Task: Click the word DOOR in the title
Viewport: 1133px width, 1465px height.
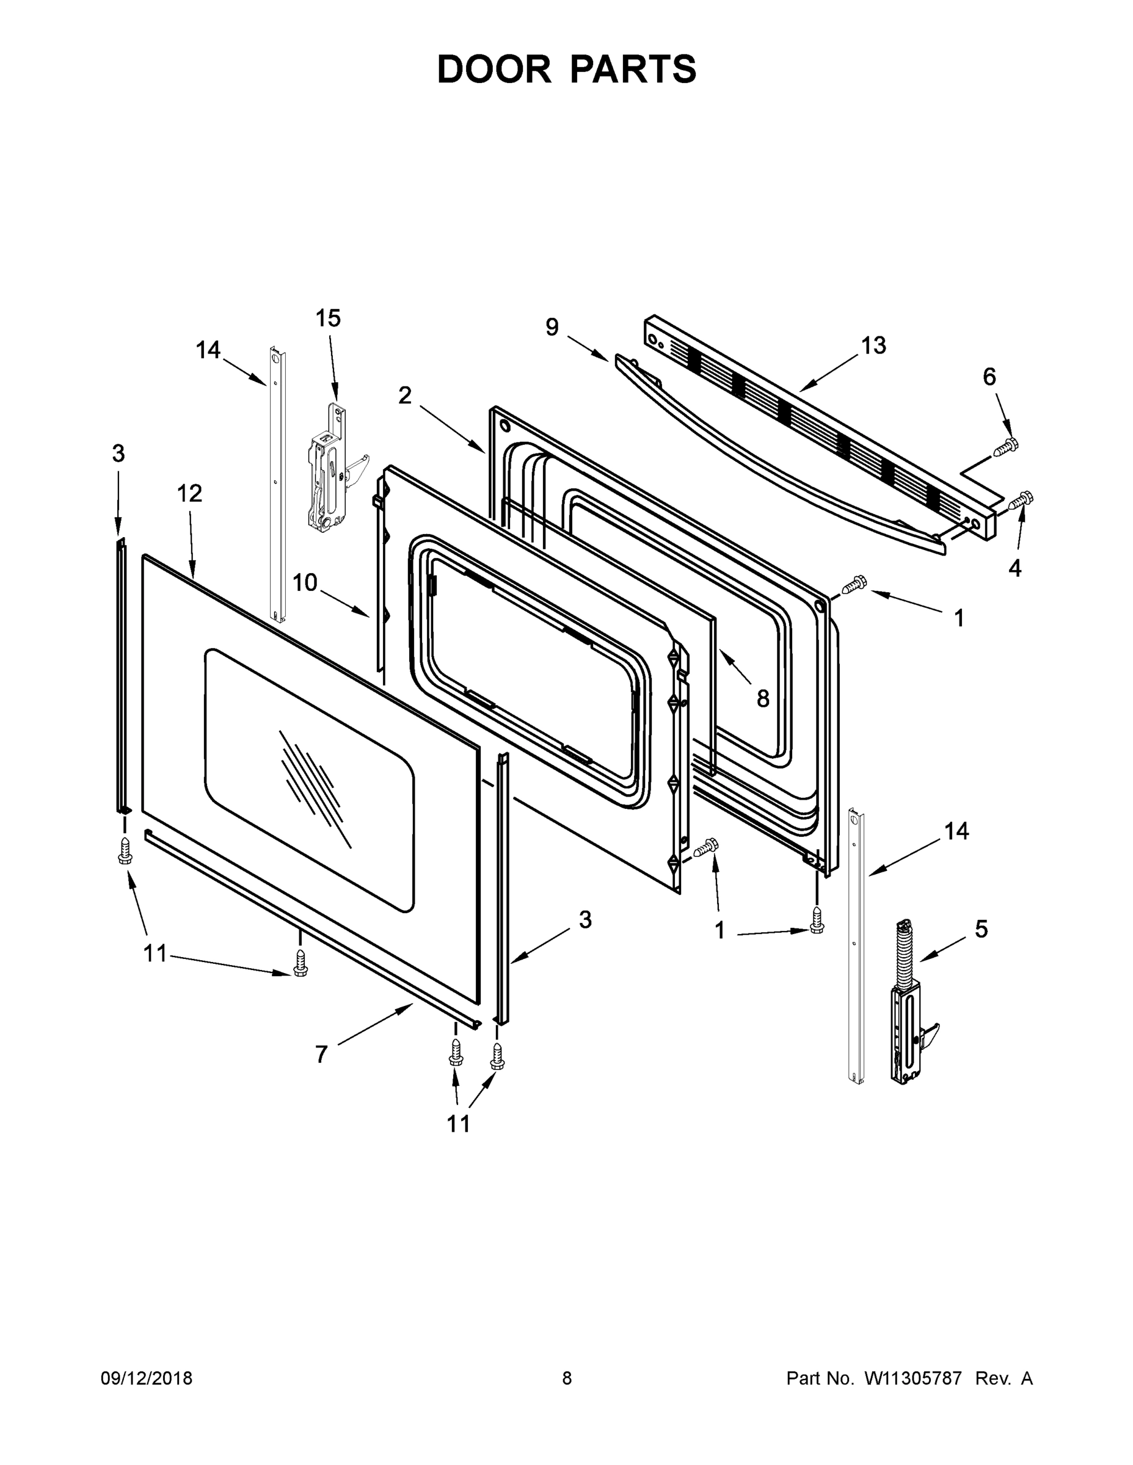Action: (x=494, y=70)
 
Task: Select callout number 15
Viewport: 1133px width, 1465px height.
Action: (x=328, y=318)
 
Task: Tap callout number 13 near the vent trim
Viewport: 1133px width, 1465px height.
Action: (x=873, y=345)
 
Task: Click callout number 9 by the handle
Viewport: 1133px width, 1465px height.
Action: (x=552, y=327)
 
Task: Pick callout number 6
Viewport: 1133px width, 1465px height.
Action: (x=989, y=377)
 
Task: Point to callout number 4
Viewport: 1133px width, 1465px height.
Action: (x=1014, y=569)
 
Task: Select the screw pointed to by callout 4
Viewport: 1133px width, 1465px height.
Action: (x=1021, y=499)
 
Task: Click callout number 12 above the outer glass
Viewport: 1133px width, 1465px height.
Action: (x=189, y=494)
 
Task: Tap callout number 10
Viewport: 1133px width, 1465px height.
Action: (x=305, y=582)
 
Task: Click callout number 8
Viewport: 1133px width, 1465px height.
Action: (x=762, y=699)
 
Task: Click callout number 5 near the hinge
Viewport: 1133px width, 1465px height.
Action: (x=982, y=929)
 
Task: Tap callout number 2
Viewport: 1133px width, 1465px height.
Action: (x=404, y=396)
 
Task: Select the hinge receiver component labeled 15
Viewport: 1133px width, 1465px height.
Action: (x=327, y=469)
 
